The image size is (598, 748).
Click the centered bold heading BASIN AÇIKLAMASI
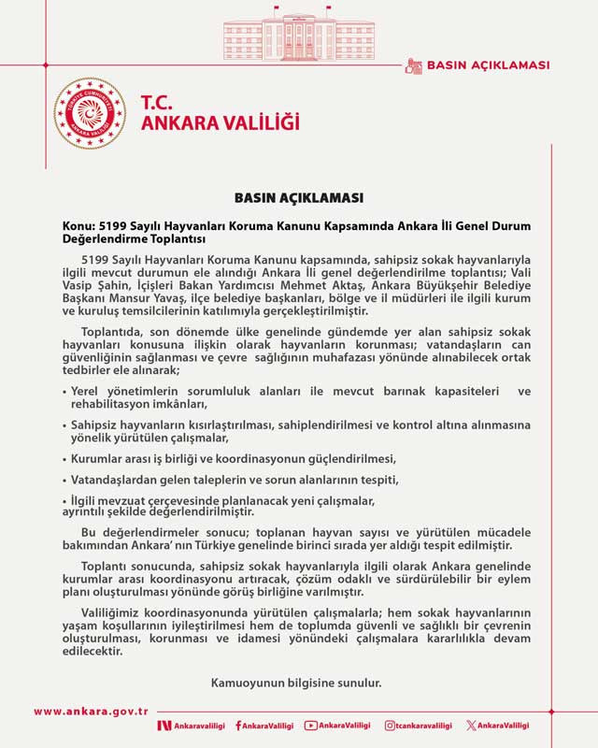(298, 198)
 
